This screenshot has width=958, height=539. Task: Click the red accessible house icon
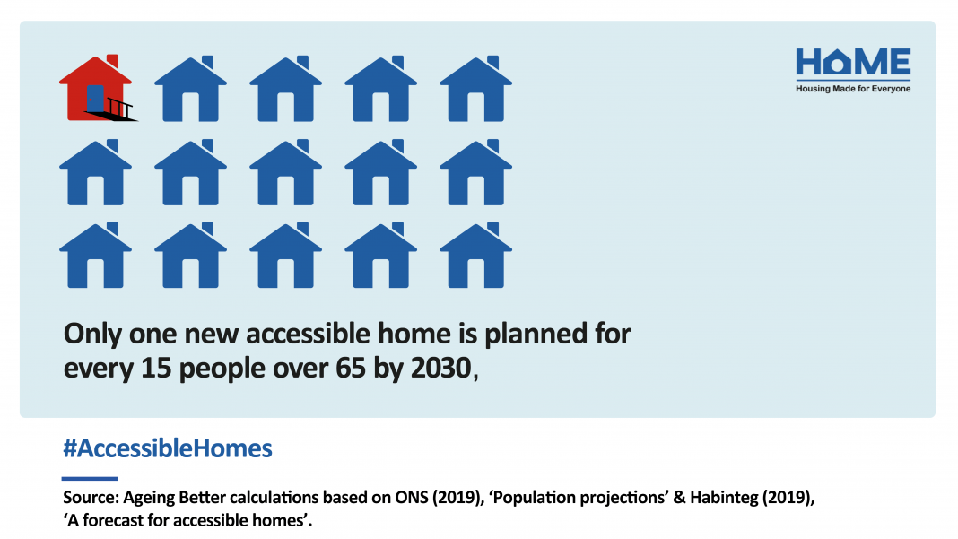click(x=97, y=88)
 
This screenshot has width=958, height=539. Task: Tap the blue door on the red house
click(x=95, y=99)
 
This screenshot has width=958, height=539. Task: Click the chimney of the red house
click(x=112, y=61)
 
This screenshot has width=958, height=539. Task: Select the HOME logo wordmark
click(x=853, y=62)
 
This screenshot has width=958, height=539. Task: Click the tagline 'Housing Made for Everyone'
click(x=853, y=89)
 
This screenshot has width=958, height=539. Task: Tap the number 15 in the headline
click(x=156, y=369)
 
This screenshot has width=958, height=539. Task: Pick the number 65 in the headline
click(x=350, y=369)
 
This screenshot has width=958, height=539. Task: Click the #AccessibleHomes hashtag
click(x=168, y=448)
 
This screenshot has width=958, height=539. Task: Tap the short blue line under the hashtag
click(x=90, y=479)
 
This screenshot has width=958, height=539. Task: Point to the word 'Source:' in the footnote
click(x=91, y=498)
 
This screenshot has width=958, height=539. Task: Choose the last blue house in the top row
click(x=476, y=88)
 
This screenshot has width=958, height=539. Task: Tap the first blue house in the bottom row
click(x=95, y=255)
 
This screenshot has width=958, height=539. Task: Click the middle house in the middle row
click(x=286, y=171)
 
